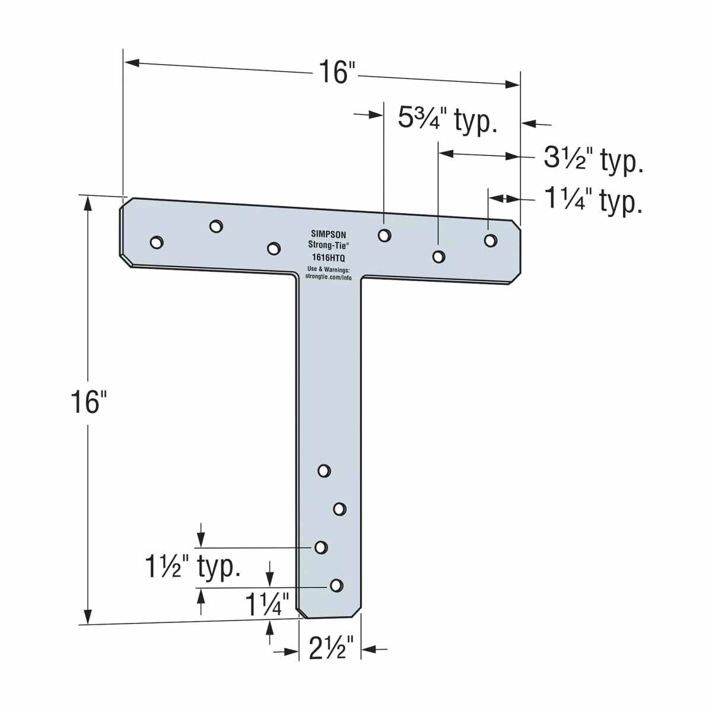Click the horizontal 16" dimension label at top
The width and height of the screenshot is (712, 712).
(336, 72)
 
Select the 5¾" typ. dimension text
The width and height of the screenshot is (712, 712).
(446, 120)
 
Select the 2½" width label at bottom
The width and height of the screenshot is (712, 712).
(331, 649)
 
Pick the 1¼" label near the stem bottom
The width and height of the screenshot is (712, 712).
(266, 605)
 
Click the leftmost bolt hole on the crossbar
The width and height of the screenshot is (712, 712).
(157, 242)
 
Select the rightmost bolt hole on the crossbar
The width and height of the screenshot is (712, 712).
(490, 240)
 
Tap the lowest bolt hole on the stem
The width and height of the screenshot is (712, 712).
(336, 586)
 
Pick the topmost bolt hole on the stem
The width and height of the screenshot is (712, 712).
(324, 471)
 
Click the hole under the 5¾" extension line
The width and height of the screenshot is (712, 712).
(384, 235)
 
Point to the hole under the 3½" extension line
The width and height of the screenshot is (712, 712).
(438, 256)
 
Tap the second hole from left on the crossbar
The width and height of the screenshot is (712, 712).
(217, 226)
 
